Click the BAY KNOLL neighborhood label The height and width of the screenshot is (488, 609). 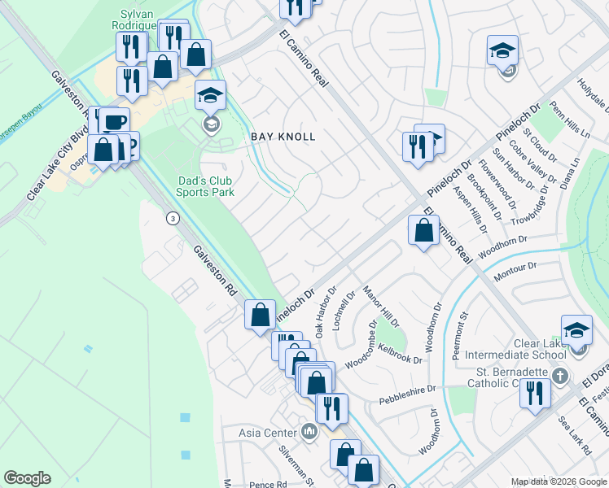(283, 137)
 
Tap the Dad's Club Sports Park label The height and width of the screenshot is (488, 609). (205, 186)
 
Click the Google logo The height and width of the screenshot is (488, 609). (27, 478)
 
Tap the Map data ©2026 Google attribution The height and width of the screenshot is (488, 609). (558, 481)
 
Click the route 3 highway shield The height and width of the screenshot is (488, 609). (173, 218)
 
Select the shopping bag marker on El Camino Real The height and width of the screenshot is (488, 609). (423, 231)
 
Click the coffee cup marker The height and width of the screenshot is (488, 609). (115, 122)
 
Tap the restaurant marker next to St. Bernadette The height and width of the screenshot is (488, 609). (536, 394)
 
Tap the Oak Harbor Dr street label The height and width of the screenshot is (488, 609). (326, 312)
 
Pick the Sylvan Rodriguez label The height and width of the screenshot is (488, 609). (137, 20)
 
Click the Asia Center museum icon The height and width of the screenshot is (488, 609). (309, 430)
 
